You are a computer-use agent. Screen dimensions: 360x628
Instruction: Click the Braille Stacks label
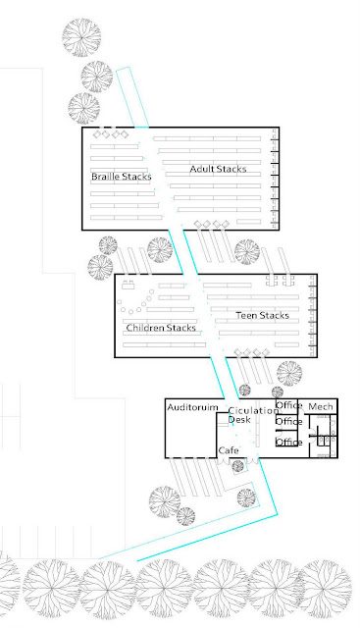click(122, 177)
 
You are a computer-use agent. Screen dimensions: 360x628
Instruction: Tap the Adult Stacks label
click(218, 169)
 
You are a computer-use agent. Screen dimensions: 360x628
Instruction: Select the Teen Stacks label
click(262, 316)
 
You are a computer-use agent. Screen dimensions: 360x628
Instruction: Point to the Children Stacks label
click(161, 328)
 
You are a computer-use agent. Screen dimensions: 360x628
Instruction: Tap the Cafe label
click(229, 450)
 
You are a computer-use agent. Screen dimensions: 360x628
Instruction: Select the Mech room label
click(321, 407)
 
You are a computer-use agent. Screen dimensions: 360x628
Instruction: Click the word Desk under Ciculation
click(239, 419)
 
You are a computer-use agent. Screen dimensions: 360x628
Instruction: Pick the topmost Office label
click(288, 405)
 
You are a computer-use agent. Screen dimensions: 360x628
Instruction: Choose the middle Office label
click(288, 422)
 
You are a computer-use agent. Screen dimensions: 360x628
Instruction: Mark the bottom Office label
click(288, 443)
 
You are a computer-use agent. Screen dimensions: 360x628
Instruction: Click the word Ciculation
click(253, 410)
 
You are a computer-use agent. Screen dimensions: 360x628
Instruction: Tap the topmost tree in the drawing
click(81, 37)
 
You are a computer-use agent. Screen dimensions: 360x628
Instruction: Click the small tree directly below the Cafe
click(237, 466)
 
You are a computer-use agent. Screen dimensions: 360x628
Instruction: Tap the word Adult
click(202, 169)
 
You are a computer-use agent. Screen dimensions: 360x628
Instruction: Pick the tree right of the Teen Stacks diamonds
click(289, 373)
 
